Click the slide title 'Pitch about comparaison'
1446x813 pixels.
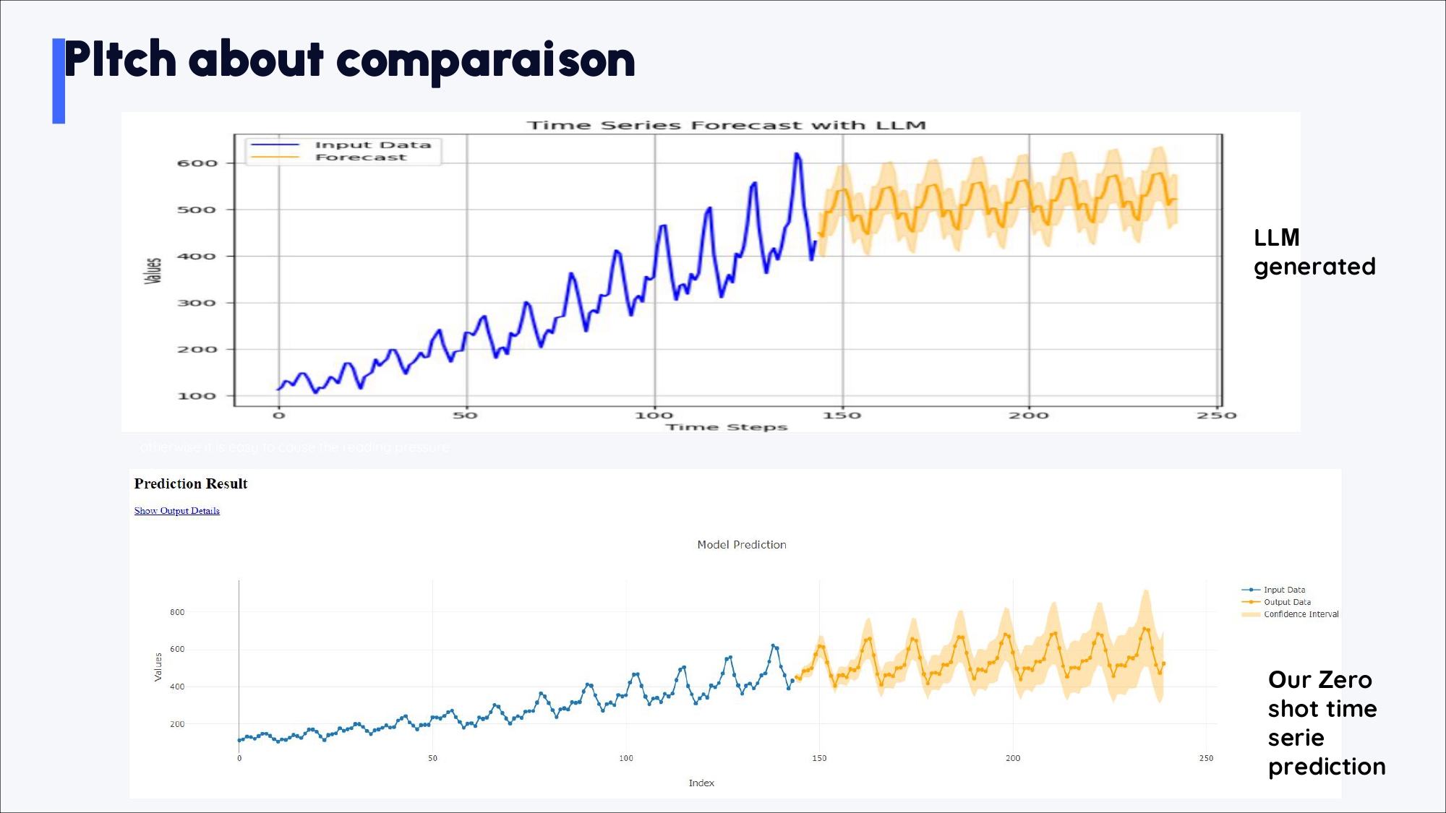[x=349, y=60]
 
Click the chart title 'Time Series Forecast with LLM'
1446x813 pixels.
[x=726, y=126]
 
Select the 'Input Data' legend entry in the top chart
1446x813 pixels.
[x=372, y=145]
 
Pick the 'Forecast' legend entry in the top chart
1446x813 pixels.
[x=361, y=158]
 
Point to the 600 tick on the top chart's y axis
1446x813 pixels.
[x=197, y=163]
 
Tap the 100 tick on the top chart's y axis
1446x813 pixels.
[x=197, y=396]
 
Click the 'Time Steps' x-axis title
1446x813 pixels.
[x=727, y=427]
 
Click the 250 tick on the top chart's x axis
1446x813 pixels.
[x=1216, y=416]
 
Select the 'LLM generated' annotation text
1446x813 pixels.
[x=1314, y=252]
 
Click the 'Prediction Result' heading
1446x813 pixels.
[x=191, y=483]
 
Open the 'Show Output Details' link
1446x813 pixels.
[x=177, y=511]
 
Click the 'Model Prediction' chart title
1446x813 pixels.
[x=742, y=545]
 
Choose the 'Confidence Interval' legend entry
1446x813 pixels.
[x=1301, y=614]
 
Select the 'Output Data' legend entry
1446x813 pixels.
[x=1287, y=602]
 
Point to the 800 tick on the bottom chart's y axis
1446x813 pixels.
[x=177, y=612]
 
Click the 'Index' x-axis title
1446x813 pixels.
[x=701, y=783]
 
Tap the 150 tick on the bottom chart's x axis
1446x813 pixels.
[x=819, y=758]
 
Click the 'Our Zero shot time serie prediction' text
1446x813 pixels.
[x=1326, y=723]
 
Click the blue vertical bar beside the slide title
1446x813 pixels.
[x=59, y=81]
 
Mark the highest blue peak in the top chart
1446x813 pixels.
[x=797, y=154]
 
